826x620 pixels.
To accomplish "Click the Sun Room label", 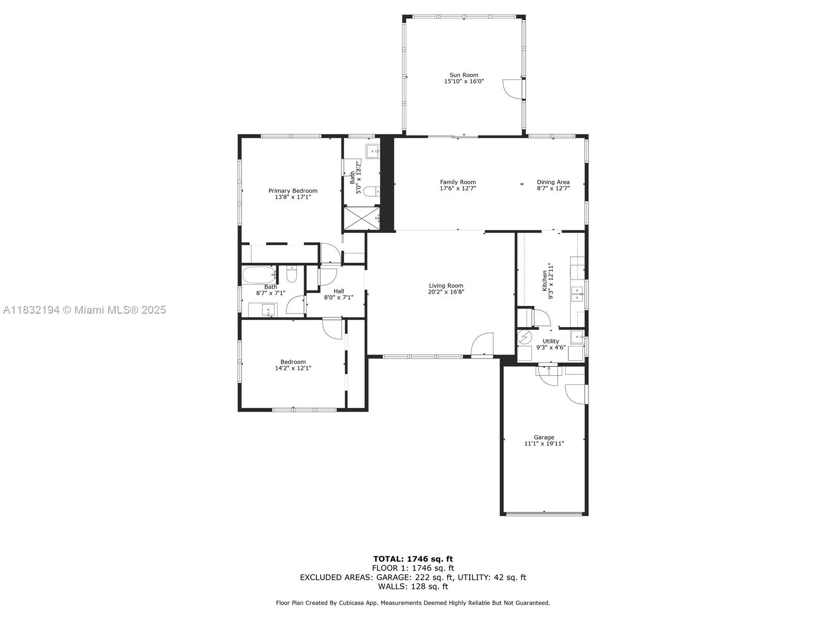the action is (464, 75).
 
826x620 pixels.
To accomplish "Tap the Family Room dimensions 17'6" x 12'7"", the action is (457, 188).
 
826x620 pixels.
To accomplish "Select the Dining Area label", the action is (553, 182).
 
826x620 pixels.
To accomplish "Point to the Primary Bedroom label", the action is (293, 191).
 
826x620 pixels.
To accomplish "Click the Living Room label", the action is (446, 286).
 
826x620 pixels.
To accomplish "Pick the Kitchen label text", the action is (544, 281).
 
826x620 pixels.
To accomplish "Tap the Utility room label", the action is (550, 341).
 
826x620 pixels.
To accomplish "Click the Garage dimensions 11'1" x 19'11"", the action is (544, 443).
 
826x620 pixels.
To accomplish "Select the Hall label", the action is (339, 291).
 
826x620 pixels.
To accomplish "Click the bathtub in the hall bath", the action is (260, 275).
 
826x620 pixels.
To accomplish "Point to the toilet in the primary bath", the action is (373, 191).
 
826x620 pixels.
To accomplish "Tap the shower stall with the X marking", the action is (362, 218).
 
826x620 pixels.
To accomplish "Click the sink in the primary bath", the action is (373, 152).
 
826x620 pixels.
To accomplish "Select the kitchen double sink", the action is (577, 294).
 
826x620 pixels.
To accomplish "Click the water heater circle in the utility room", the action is (524, 337).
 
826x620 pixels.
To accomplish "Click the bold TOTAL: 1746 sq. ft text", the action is (413, 559).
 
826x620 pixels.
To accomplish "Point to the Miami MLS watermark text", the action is (84, 310).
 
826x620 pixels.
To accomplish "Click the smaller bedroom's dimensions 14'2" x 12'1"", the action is (293, 368).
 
